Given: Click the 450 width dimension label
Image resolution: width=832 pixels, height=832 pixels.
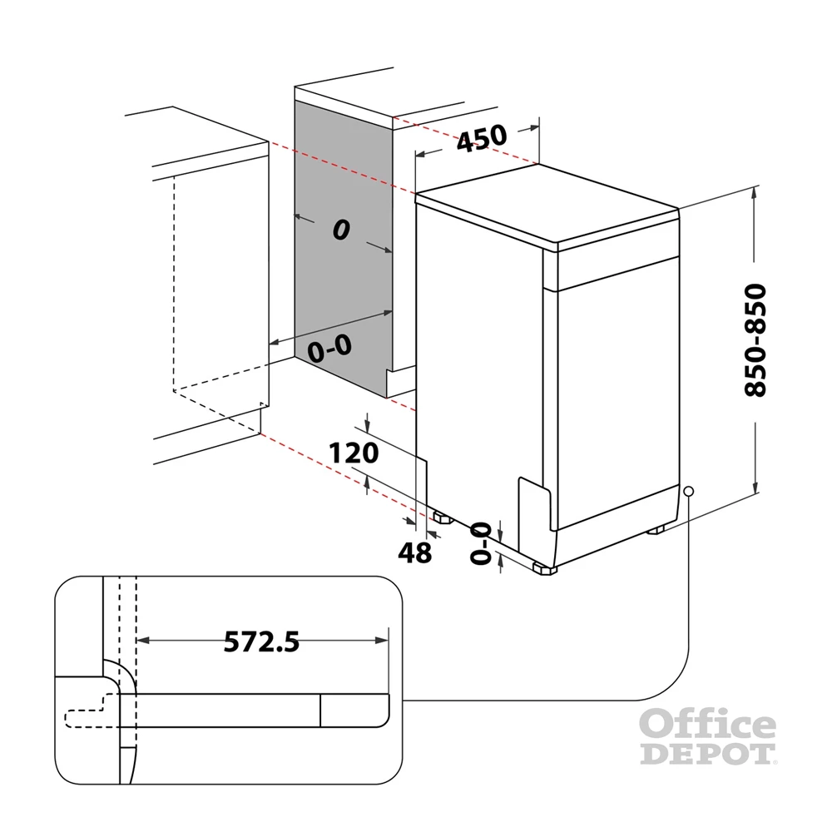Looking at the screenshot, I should pyautogui.click(x=482, y=136).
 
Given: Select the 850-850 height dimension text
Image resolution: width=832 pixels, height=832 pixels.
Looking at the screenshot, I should pyautogui.click(x=755, y=340).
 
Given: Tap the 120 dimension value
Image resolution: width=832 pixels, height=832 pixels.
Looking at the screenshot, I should pyautogui.click(x=354, y=453).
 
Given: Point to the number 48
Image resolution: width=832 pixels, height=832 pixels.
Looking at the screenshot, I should pyautogui.click(x=414, y=552).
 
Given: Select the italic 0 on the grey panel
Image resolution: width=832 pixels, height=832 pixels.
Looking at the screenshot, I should pyautogui.click(x=340, y=230).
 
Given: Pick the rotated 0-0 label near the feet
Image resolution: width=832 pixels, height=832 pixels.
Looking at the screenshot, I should pyautogui.click(x=480, y=542).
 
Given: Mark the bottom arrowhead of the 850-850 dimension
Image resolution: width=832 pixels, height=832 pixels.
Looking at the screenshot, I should pyautogui.click(x=754, y=488).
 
